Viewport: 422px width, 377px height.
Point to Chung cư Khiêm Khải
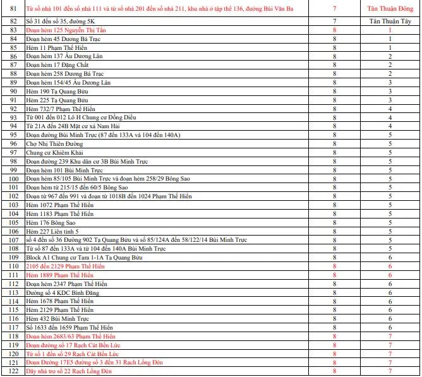point(54,153)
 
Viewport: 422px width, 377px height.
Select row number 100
point(13,179)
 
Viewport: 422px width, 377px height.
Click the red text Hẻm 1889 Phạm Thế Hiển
point(59,275)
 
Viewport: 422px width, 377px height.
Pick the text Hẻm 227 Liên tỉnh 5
point(52,232)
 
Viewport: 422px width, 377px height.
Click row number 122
point(13,371)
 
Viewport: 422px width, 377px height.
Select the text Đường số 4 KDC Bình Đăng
point(63,293)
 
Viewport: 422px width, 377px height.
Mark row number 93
point(13,117)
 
